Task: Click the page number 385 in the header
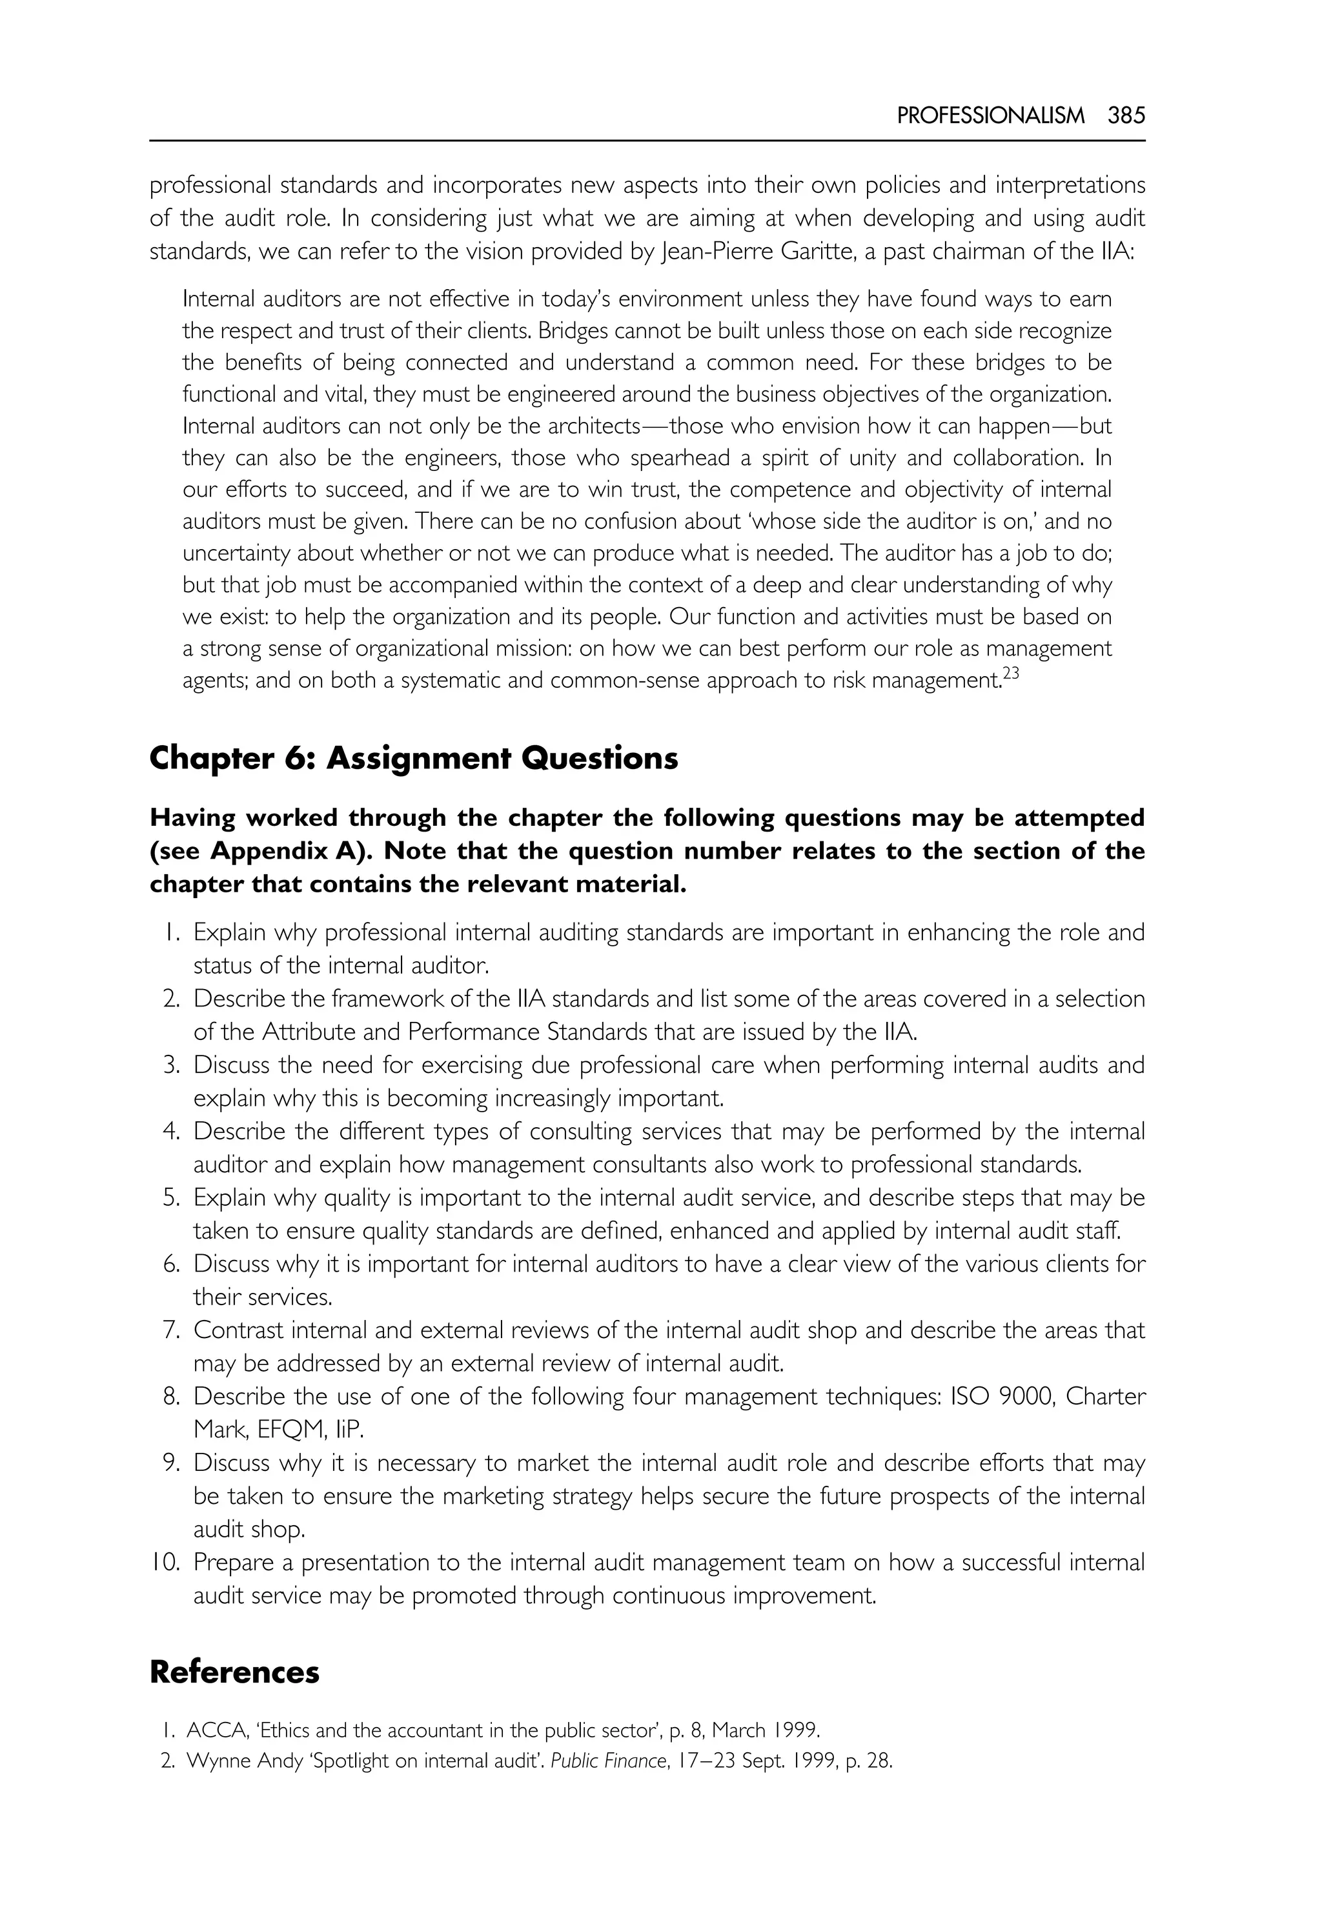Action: click(x=1126, y=116)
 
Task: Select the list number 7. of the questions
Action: click(x=170, y=1330)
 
